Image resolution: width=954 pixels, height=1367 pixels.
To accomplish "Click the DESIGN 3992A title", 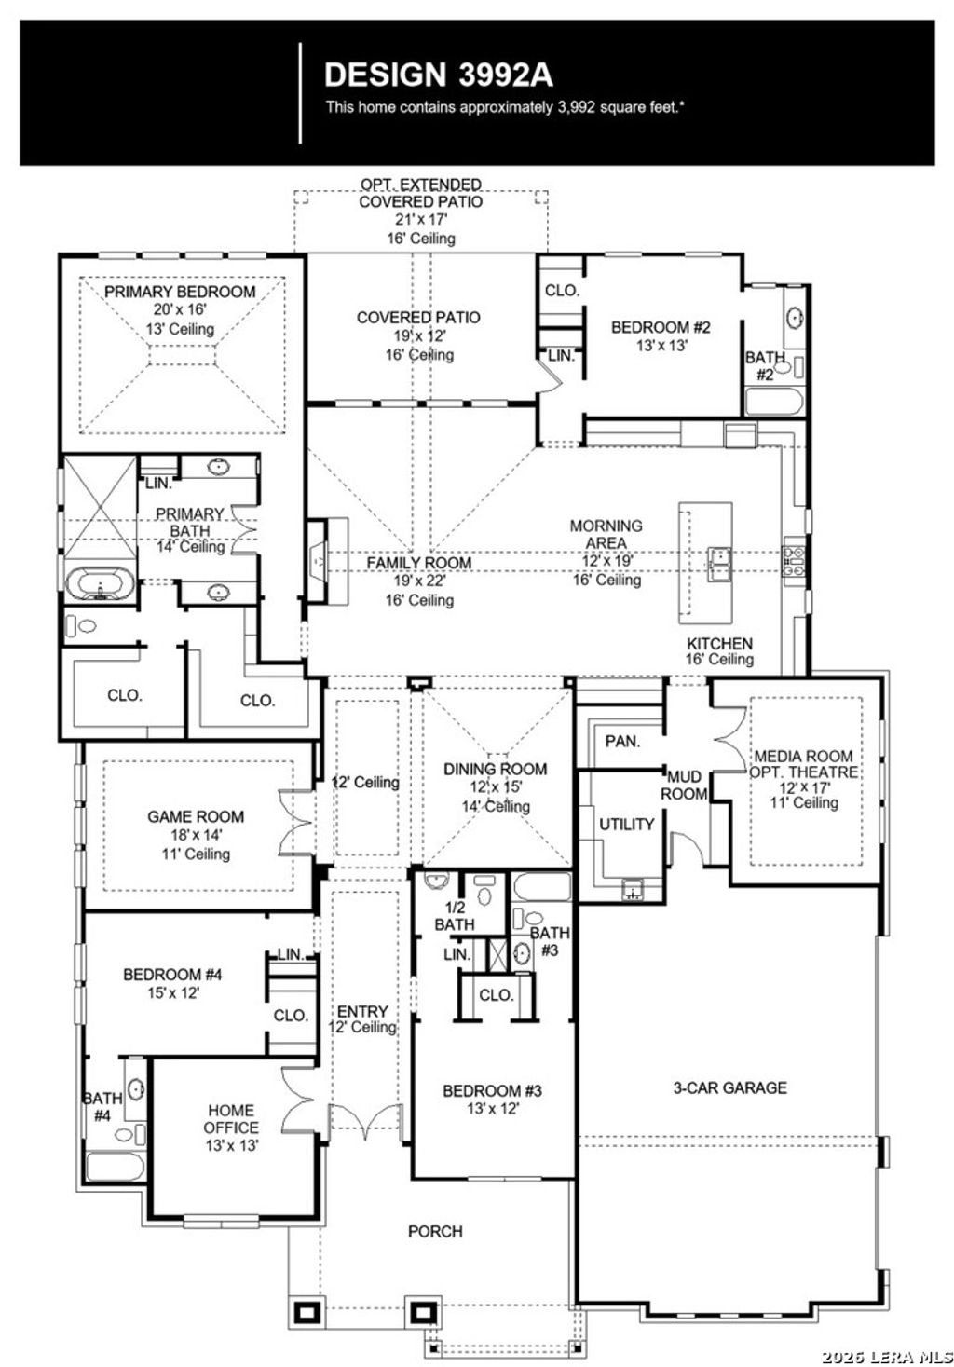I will coord(438,75).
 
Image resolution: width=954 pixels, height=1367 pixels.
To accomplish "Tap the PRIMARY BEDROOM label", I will coord(180,292).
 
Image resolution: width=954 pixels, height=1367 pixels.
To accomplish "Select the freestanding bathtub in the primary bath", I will coord(99,585).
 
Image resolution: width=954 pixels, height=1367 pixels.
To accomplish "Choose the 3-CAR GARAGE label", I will coord(729,1087).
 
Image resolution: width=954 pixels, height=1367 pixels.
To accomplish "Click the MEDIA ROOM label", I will coord(803,757).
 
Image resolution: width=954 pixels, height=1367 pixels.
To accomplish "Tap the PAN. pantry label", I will coord(622,742).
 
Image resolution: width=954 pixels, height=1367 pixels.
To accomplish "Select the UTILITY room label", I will coord(626,824).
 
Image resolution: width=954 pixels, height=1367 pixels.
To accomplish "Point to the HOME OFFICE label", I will coord(231,1119).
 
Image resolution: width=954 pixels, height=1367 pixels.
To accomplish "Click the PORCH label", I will coord(435,1231).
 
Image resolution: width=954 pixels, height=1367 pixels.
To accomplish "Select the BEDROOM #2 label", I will coord(661,327).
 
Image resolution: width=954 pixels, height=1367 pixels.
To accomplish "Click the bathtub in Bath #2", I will coord(773,402).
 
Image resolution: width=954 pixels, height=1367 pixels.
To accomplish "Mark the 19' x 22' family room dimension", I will coord(418,581).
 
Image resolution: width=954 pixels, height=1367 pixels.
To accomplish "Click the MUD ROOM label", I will coord(684,785).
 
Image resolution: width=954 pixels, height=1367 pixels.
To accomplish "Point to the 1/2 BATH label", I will coord(455,916).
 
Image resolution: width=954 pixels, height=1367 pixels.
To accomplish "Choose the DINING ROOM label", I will coord(495,769).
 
